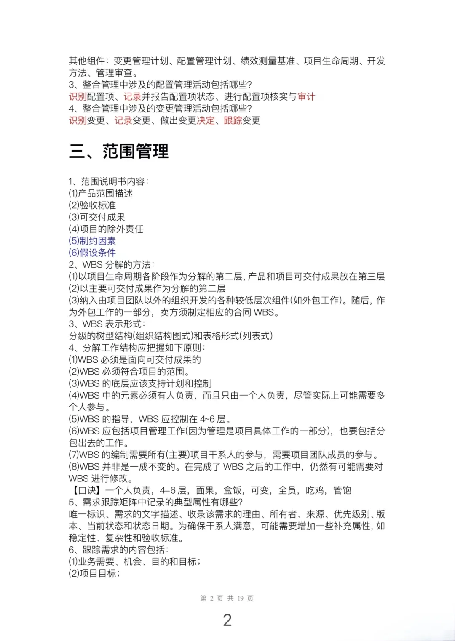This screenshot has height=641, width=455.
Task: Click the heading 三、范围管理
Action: tap(118, 151)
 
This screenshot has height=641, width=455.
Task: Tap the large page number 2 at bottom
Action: tap(227, 620)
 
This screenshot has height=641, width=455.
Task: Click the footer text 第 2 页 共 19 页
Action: tap(227, 598)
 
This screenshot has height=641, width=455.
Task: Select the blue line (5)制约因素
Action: tap(92, 241)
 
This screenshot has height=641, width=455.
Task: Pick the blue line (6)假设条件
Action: tap(92, 253)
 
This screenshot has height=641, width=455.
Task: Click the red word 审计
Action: tap(306, 97)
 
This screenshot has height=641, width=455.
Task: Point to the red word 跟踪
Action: tap(233, 120)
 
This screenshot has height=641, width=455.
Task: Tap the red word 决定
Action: tap(206, 120)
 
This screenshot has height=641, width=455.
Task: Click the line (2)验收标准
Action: tap(92, 205)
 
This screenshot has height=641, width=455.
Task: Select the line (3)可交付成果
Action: tap(96, 217)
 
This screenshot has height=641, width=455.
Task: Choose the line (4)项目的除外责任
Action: tap(106, 229)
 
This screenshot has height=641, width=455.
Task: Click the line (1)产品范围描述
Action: tap(101, 194)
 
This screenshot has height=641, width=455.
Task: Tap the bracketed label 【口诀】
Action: tap(85, 490)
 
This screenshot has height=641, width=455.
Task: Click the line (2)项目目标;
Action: tap(94, 573)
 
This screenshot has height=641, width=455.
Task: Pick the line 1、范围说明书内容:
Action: tap(108, 181)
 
